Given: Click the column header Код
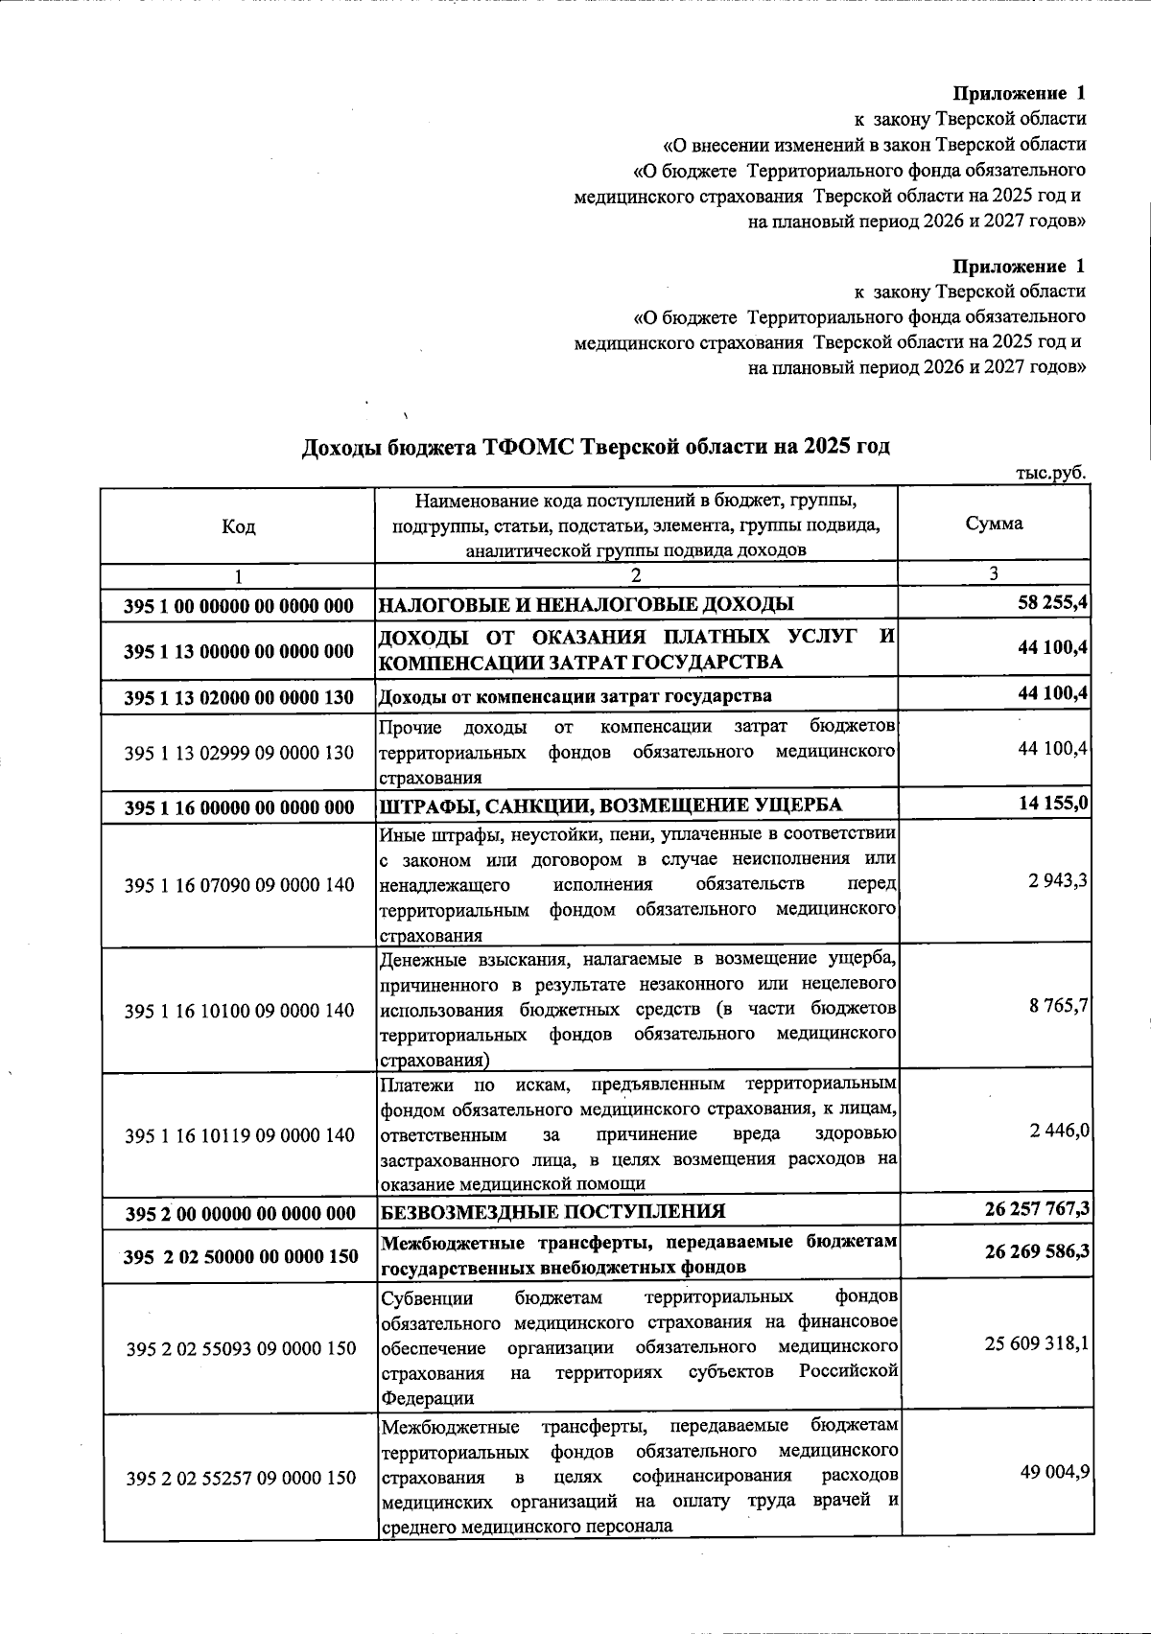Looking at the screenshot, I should click(x=238, y=525).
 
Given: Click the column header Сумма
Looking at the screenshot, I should click(x=994, y=524).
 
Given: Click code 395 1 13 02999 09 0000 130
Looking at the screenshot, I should click(x=239, y=753).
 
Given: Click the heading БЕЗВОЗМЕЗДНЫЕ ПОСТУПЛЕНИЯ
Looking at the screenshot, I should click(x=552, y=1211).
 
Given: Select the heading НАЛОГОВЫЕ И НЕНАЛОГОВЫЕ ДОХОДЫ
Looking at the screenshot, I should click(x=586, y=604).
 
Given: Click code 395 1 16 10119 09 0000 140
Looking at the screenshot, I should click(x=239, y=1135).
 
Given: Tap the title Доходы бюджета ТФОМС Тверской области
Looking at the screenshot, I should click(x=595, y=447).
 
